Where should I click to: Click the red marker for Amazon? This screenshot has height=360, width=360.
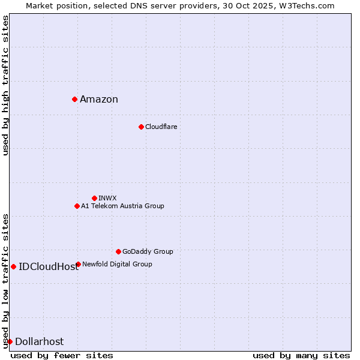coord(74,99)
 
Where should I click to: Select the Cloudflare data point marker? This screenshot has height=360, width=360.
coord(141,127)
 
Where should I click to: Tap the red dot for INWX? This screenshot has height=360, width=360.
coord(94,198)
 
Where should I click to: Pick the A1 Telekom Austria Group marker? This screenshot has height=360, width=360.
coord(77,206)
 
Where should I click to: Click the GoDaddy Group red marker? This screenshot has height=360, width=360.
coord(118,251)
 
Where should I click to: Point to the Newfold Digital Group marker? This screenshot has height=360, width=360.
coord(78,264)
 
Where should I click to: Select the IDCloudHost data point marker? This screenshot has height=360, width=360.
coord(13,266)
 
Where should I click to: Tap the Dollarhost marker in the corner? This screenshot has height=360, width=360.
coord(10,341)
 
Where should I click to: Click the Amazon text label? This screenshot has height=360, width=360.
coord(99,100)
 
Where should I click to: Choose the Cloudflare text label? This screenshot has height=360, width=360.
coord(161,127)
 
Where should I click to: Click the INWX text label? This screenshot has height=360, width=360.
coord(107,199)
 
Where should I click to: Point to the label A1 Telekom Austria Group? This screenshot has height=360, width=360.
coord(122,206)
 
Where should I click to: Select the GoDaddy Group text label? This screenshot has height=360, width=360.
coord(148,252)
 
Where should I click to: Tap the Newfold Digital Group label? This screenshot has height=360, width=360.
coord(117,265)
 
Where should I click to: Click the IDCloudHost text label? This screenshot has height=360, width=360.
coord(49,267)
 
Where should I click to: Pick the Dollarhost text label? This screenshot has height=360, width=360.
coord(39,342)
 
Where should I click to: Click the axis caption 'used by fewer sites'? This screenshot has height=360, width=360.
coord(62,355)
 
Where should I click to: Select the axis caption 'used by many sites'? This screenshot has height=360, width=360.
coord(301,355)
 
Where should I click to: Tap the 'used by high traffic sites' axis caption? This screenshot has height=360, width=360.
coord(5,85)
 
